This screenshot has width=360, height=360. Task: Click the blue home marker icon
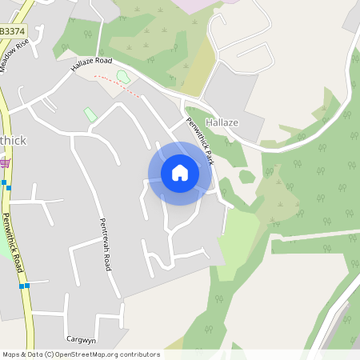click(x=180, y=173)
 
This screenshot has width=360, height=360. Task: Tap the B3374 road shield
click(x=12, y=30)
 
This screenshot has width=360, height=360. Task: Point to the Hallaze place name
click(x=222, y=122)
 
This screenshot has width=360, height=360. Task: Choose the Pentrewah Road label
click(x=105, y=244)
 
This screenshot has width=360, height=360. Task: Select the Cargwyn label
click(x=82, y=338)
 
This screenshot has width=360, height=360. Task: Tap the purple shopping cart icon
click(x=6, y=164)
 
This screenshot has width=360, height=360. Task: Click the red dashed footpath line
click(x=118, y=85)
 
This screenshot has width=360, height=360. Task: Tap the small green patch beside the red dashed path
click(x=123, y=77)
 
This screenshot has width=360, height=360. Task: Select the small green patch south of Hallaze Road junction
click(x=90, y=115)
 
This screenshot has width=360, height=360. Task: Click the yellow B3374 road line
click(x=22, y=272)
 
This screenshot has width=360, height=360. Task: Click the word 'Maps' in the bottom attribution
click(x=12, y=354)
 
